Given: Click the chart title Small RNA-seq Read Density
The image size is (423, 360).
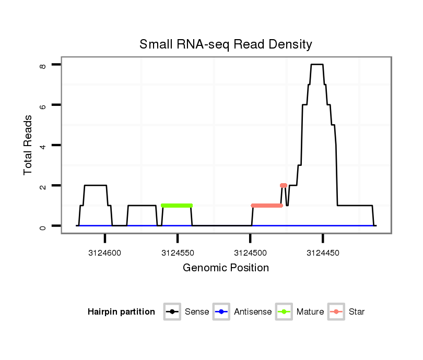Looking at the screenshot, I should [x=226, y=44].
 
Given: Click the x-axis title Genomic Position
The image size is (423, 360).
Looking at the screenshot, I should [x=226, y=268].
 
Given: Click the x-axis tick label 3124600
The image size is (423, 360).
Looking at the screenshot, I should [x=105, y=253].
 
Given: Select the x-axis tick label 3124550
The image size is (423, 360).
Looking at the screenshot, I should [x=178, y=253].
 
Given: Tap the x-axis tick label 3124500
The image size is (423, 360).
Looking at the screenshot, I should [x=250, y=253].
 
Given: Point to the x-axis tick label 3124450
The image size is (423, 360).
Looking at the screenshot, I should [x=323, y=253].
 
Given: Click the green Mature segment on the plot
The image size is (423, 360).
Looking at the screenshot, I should [x=177, y=206].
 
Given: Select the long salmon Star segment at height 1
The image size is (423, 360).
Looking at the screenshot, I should [x=267, y=206].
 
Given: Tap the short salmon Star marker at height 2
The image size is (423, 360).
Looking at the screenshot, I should [x=284, y=185].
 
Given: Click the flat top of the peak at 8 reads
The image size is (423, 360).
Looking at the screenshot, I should [x=317, y=65].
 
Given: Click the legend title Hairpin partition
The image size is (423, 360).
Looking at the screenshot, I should [x=121, y=312].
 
